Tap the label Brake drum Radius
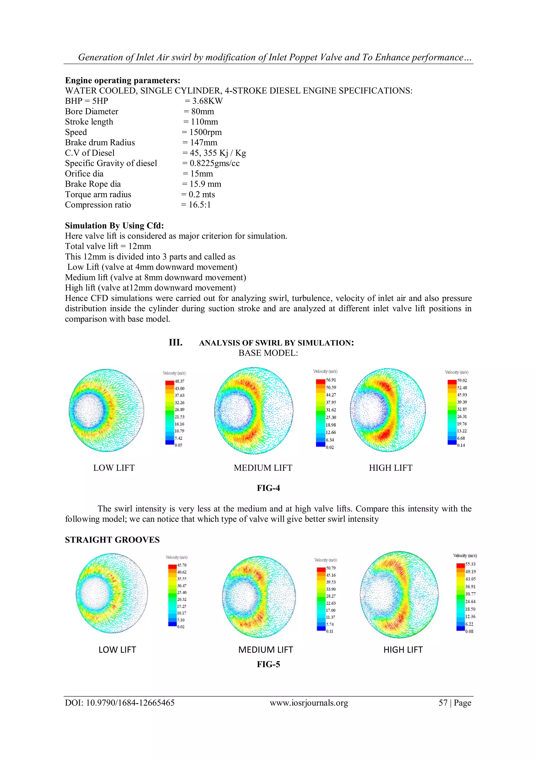[100, 142]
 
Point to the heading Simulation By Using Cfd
[114, 225]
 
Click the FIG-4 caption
[268, 488]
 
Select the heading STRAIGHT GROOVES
[112, 540]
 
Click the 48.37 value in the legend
[180, 381]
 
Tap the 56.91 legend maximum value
[331, 380]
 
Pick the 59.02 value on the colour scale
[462, 380]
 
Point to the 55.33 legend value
[470, 564]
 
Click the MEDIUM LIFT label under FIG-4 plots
[263, 468]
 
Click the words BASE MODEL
[268, 353]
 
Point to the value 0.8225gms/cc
[214, 163]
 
